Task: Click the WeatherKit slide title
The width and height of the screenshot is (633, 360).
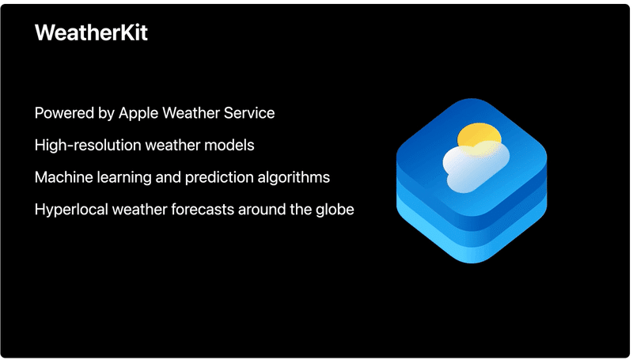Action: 91,32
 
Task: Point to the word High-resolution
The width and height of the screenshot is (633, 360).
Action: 88,146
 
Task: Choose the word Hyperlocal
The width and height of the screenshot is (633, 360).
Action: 71,210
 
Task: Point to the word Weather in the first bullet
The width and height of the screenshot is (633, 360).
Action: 191,113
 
